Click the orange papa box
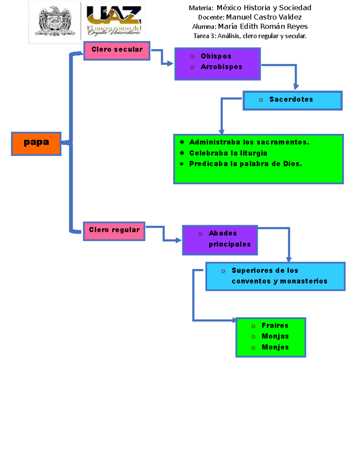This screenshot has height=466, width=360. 36,143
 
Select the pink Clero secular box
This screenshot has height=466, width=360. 117,51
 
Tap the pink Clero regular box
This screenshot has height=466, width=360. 114,231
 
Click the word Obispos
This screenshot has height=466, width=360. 216,56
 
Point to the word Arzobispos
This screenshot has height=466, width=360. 221,67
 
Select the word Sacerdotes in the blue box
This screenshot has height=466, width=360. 291,99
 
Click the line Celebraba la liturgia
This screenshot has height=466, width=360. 228,153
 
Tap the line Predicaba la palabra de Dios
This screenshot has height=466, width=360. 245,164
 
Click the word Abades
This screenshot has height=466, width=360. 223,233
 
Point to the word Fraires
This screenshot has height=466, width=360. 275,326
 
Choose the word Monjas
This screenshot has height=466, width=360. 275,336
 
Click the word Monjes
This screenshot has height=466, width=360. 275,347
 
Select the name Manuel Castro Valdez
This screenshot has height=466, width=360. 264,17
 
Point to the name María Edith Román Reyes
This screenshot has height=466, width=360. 263,26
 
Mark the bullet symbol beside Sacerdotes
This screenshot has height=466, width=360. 261,100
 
